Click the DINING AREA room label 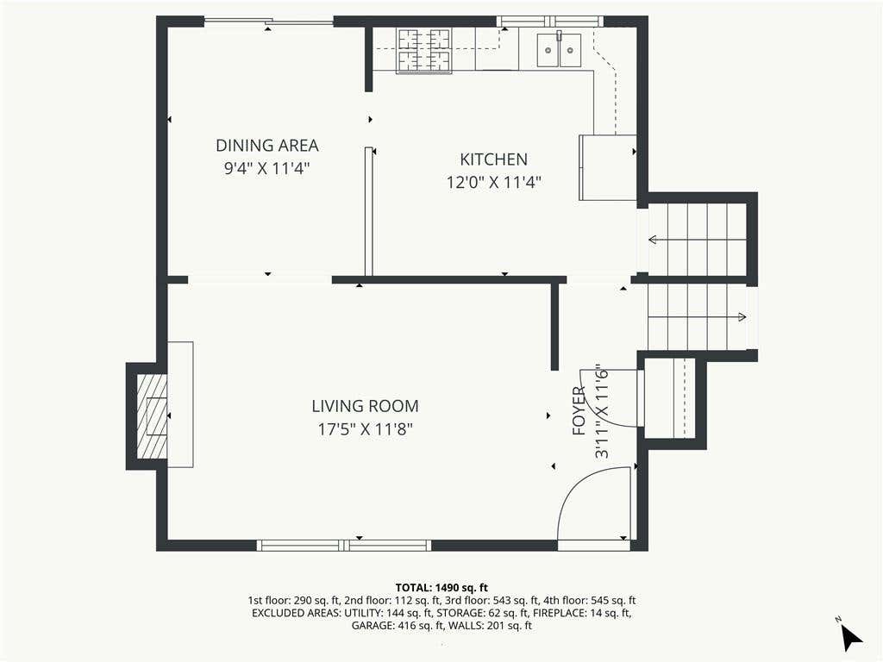pos(267,145)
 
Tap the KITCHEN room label pos(494,159)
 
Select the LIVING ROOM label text pos(365,406)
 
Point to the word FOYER pos(579,411)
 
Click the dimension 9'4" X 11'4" pos(267,168)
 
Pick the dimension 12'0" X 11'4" pos(494,182)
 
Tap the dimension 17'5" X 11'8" pos(365,429)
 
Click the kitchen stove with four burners pos(424,51)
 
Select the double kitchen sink pos(559,49)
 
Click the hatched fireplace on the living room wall pos(152,416)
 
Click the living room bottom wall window pos(343,545)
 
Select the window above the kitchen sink pos(549,22)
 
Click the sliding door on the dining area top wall pos(269,22)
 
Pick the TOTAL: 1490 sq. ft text pos(441,588)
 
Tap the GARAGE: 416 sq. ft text pos(393,626)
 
